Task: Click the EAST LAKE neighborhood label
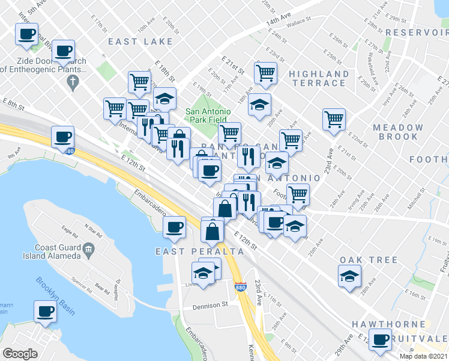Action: tap(140, 42)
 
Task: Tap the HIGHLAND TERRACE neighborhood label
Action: tap(319, 78)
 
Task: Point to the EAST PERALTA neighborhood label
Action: tap(187, 251)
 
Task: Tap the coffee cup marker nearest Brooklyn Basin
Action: tap(45, 312)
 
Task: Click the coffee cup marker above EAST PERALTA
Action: tap(174, 227)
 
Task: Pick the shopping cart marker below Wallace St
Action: tap(265, 73)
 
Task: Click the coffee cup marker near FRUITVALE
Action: tap(380, 339)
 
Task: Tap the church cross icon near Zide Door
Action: tap(73, 82)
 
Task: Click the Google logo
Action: tap(20, 354)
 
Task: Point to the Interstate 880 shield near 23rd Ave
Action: tap(240, 288)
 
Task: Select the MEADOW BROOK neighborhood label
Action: tap(397, 132)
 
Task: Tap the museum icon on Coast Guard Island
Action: tap(89, 247)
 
